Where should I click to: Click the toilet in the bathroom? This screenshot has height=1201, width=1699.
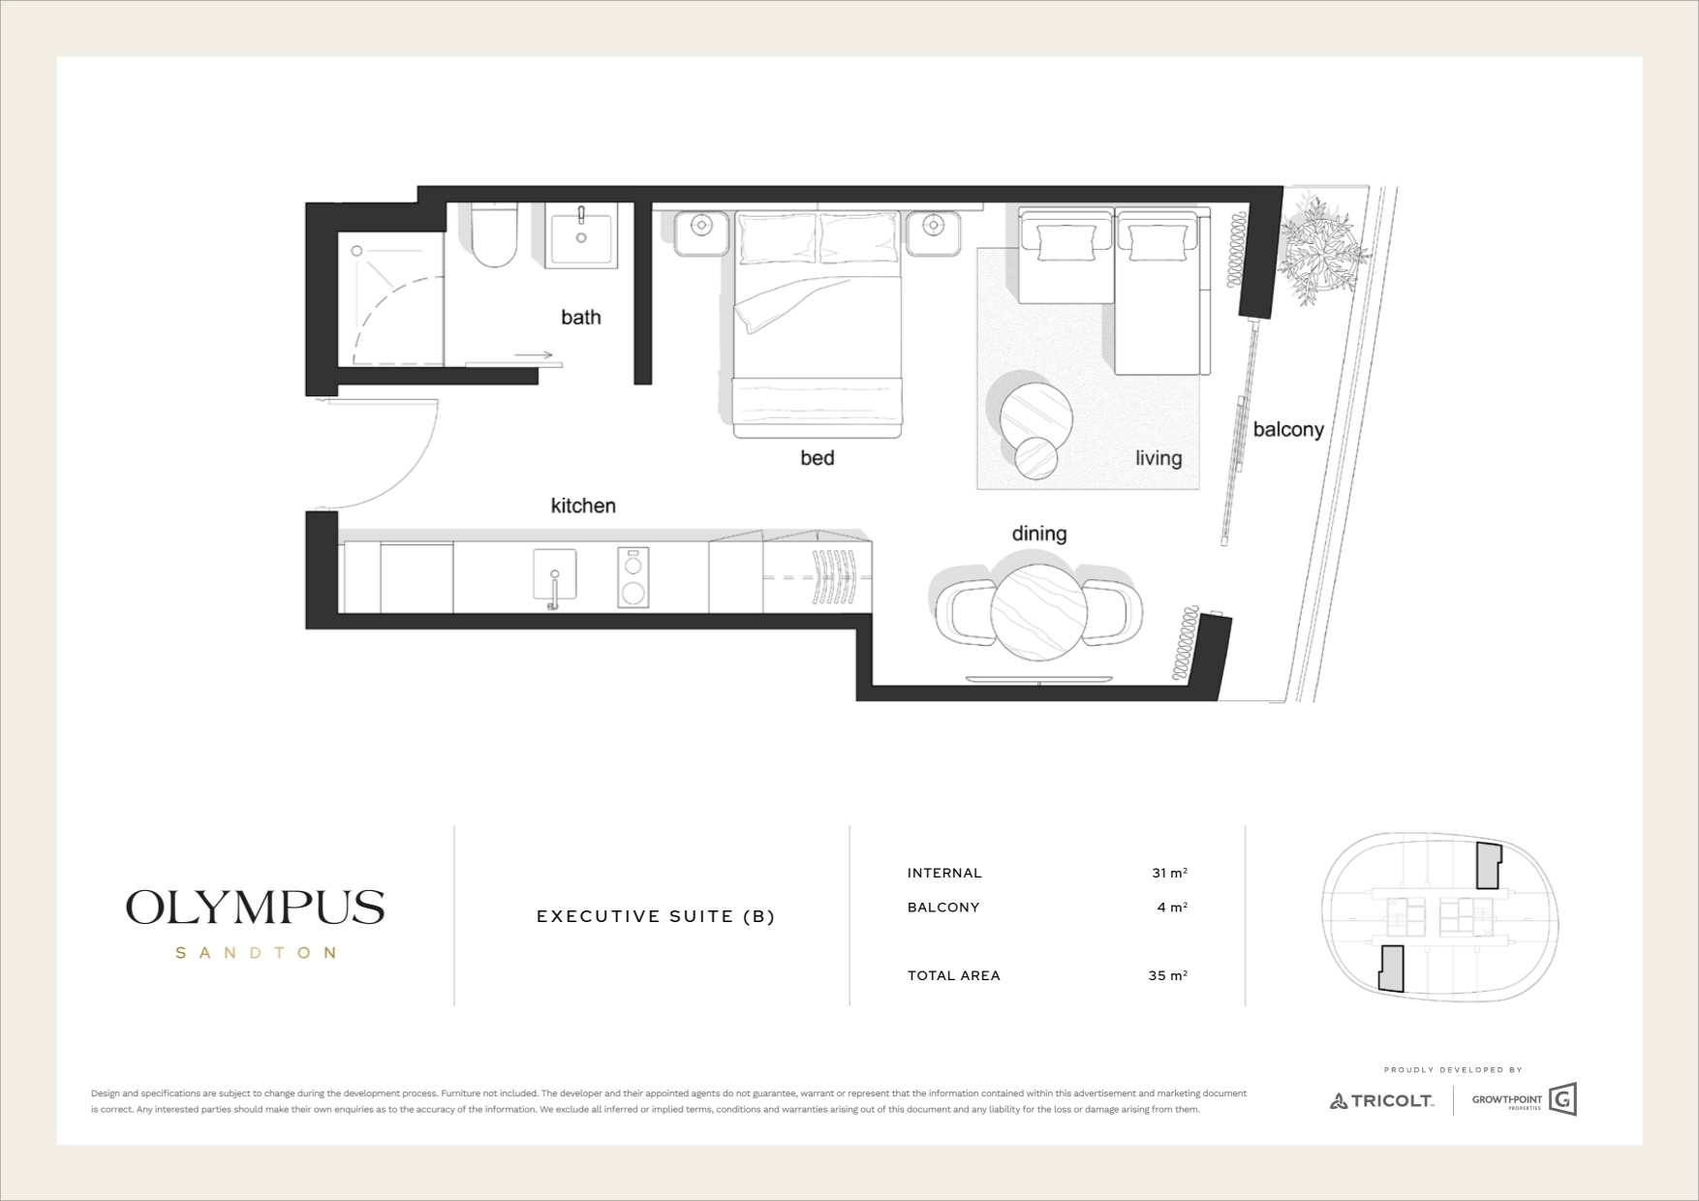[x=494, y=234]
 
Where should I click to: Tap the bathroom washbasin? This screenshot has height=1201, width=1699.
[x=581, y=235]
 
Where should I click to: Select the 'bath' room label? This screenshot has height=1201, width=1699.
[x=581, y=317]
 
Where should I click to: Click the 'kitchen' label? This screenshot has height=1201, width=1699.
[x=583, y=506]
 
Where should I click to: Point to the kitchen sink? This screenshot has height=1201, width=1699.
[x=554, y=577]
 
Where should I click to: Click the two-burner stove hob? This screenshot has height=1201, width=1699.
[x=633, y=578]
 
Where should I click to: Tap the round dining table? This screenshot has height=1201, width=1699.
[x=1038, y=612]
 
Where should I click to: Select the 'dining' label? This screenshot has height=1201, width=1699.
[x=1039, y=534]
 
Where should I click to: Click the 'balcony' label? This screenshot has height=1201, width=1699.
[x=1288, y=429]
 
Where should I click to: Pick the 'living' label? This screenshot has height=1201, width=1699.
[x=1158, y=458]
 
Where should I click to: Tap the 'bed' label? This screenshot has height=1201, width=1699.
[x=817, y=457]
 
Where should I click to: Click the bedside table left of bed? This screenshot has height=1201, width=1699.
[x=700, y=231]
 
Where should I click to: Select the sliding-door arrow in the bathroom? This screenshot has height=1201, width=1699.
[x=534, y=355]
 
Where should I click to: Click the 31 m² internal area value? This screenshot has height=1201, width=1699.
[x=1169, y=873]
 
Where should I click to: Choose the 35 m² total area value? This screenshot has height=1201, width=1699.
[x=1168, y=975]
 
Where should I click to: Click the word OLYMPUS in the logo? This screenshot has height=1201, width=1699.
[x=256, y=908]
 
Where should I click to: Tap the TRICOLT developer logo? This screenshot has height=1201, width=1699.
[x=1381, y=1100]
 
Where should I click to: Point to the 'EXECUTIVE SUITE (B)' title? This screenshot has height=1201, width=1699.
[x=656, y=916]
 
